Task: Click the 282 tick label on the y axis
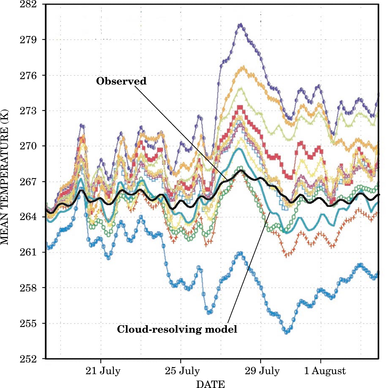(x=28, y=4)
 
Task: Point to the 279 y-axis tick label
(x=28, y=40)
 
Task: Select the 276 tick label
(x=28, y=76)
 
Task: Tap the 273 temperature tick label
(x=28, y=111)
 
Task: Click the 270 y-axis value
(x=28, y=146)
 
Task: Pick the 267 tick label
(x=28, y=182)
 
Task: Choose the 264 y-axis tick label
(x=28, y=217)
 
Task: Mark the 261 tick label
(x=28, y=252)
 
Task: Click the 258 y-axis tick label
(x=28, y=288)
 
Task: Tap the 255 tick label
(x=28, y=324)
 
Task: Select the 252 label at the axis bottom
(x=28, y=359)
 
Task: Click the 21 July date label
(x=103, y=371)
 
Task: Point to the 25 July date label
(x=182, y=371)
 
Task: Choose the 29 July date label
(x=262, y=371)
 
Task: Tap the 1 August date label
(x=325, y=371)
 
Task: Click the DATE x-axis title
(x=210, y=384)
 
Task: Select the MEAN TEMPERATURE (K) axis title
(x=5, y=177)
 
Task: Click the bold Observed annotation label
(x=121, y=81)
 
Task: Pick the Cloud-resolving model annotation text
(x=177, y=329)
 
